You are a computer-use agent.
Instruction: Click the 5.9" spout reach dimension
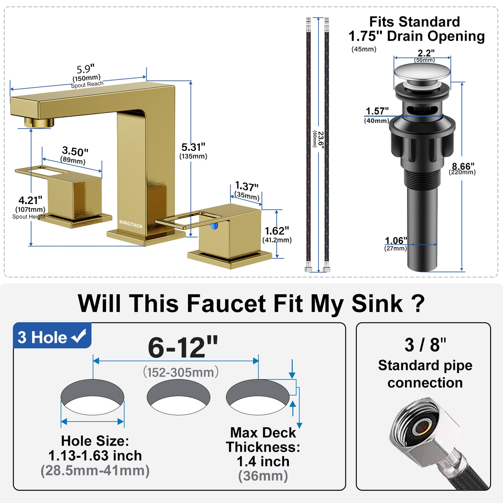(x=86, y=69)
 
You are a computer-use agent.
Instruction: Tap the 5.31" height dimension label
(x=193, y=147)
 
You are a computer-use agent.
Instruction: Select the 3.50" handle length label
(x=75, y=151)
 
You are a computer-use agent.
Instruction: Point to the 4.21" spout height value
(x=30, y=201)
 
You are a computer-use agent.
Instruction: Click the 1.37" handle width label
(x=246, y=186)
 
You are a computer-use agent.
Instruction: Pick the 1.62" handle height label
(x=277, y=231)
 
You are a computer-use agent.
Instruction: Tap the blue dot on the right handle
(x=214, y=226)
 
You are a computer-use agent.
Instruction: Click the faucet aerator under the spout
(x=39, y=122)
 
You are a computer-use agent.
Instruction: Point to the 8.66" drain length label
(x=463, y=166)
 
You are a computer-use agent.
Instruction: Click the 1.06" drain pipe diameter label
(x=395, y=241)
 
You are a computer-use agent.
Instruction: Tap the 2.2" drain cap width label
(x=426, y=53)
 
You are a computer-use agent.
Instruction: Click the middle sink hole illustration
(x=178, y=397)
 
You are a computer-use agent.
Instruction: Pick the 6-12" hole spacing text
(x=183, y=347)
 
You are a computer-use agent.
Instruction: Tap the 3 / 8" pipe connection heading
(x=425, y=345)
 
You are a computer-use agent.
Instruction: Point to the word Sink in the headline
(x=377, y=304)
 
